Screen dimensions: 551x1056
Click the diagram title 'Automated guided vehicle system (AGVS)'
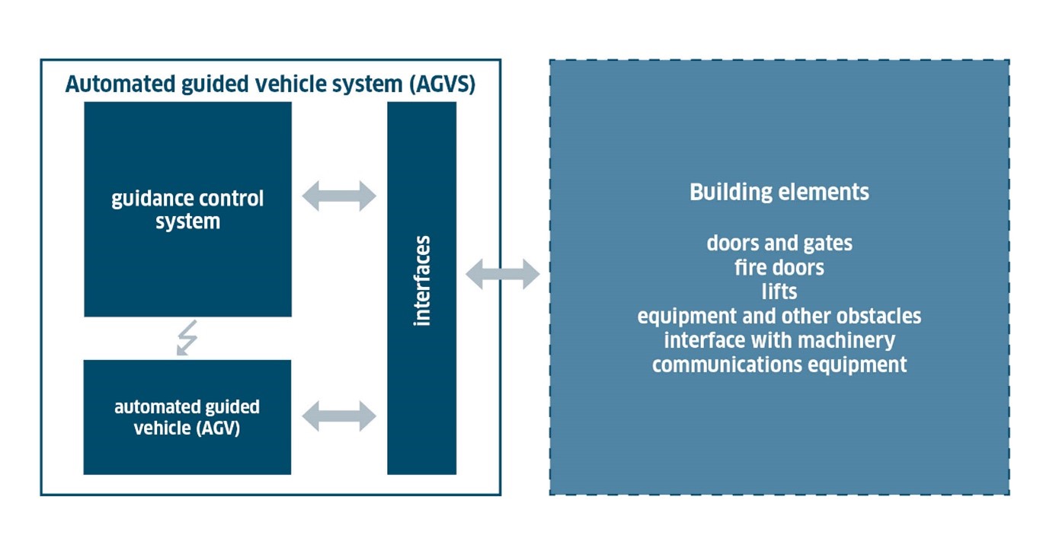click(x=270, y=84)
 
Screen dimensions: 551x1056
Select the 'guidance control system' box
click(x=187, y=209)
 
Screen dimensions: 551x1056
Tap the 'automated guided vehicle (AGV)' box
click(x=187, y=417)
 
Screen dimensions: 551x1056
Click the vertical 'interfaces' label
click(x=422, y=281)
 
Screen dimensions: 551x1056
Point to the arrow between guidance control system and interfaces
click(x=339, y=196)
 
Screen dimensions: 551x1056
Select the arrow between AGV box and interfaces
click(x=339, y=416)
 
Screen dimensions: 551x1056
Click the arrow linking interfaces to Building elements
click(x=502, y=274)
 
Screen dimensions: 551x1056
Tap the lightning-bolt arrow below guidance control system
click(x=185, y=338)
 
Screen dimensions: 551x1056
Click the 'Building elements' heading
click(x=779, y=192)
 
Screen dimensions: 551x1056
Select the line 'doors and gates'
click(x=779, y=244)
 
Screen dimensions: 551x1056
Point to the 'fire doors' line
click(x=779, y=268)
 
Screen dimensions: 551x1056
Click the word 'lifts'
click(x=779, y=291)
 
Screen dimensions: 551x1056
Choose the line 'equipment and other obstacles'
click(x=779, y=316)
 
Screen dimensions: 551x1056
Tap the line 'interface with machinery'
click(x=779, y=340)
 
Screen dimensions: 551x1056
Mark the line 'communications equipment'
click(x=779, y=365)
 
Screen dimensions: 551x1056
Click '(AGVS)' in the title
click(x=442, y=84)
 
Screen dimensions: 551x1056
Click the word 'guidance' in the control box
click(x=152, y=199)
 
